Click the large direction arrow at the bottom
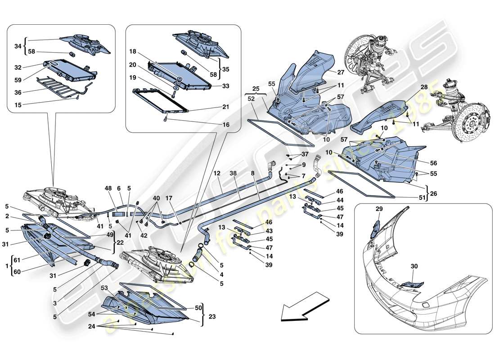pyautogui.click(x=304, y=308)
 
